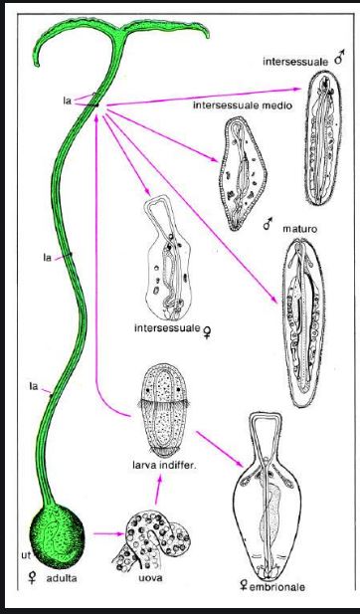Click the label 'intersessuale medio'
click(243, 105)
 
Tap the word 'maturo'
click(300, 228)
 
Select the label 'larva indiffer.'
click(165, 466)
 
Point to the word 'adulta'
click(62, 578)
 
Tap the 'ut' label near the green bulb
click(26, 555)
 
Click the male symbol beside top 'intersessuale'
click(339, 58)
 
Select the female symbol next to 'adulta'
click(32, 578)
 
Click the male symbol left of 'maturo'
click(268, 224)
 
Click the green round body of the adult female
click(57, 535)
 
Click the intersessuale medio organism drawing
click(243, 173)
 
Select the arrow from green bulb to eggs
click(108, 533)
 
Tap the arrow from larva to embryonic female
click(220, 449)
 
